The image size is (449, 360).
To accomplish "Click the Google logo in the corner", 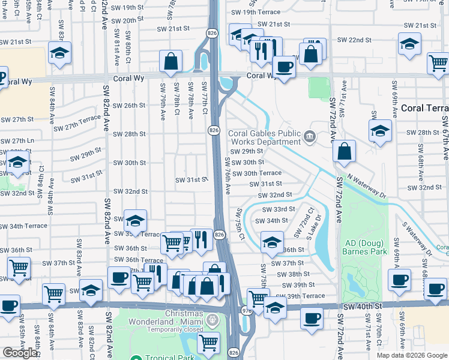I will [x=20, y=353].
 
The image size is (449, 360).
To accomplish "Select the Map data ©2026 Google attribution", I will [x=412, y=355].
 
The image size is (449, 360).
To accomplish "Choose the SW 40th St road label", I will [x=363, y=306].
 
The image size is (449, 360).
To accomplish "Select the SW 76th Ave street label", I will [x=228, y=175].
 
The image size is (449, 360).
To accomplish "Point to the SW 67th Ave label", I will [x=445, y=138].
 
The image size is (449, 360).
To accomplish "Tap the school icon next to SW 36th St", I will [x=272, y=242].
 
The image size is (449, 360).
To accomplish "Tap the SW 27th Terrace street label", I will [x=77, y=123].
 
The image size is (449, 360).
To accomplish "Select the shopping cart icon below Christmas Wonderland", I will [x=208, y=343].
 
